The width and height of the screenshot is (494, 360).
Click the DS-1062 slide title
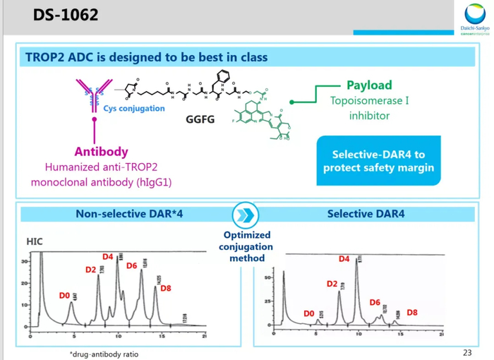pos(65,15)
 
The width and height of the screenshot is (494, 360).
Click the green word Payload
pos(369,85)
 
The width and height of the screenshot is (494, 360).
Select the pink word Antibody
pos(102,152)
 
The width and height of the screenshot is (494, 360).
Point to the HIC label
pos(35,241)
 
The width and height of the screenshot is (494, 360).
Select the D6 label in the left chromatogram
pos(132,265)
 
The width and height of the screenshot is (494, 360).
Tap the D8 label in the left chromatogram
pos(166,288)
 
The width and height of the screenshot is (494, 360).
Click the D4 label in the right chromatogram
pos(344,259)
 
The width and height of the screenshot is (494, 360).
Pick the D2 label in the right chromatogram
pos(332,284)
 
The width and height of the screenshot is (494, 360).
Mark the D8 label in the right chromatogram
pos(412,312)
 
